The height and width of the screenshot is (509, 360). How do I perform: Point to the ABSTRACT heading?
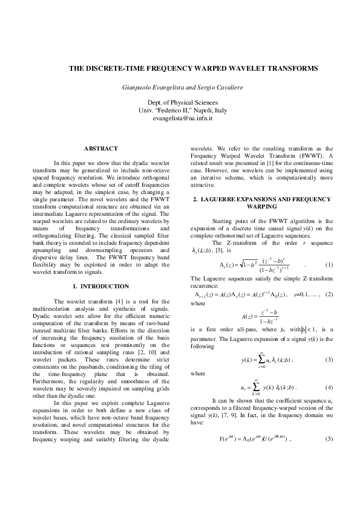point(100,148)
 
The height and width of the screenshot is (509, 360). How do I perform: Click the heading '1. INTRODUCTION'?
point(100,285)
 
